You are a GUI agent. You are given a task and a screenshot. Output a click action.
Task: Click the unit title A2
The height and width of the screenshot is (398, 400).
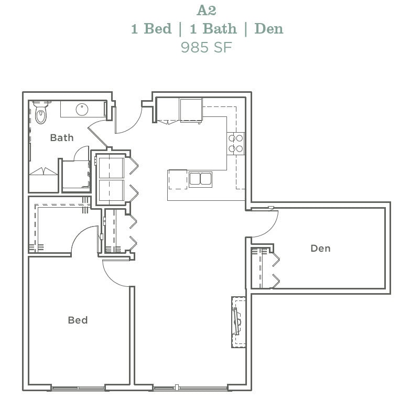pos(206,10)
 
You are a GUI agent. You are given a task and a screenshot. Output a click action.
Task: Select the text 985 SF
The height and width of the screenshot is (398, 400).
pos(206,47)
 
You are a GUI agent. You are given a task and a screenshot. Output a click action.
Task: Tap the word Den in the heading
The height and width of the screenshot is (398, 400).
pos(268,28)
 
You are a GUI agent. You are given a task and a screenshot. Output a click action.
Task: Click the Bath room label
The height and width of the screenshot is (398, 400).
pos(62,138)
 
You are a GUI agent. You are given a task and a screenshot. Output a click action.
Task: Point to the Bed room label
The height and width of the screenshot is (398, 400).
pos(78,320)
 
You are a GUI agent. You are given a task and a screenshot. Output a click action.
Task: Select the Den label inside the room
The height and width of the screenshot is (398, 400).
pos(320,248)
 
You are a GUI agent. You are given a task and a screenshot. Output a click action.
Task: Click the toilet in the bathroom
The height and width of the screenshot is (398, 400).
pos(41,113)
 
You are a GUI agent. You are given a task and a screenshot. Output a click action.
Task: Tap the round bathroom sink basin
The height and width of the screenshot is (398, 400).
pos(82,110)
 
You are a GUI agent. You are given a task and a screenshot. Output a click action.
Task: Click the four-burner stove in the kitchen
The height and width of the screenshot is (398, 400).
pos(236,144)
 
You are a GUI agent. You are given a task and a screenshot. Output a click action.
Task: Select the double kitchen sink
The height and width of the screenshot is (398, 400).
pos(200,179)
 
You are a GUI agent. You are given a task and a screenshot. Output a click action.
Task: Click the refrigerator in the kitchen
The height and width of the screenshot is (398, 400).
pos(191,110)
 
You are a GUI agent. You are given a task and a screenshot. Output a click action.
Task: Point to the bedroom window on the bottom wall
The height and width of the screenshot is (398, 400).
pos(78,389)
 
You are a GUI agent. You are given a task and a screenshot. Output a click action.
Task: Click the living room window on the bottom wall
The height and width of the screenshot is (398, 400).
pos(190,389)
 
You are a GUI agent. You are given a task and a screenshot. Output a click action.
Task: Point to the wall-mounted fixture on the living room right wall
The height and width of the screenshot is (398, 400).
pos(237,321)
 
